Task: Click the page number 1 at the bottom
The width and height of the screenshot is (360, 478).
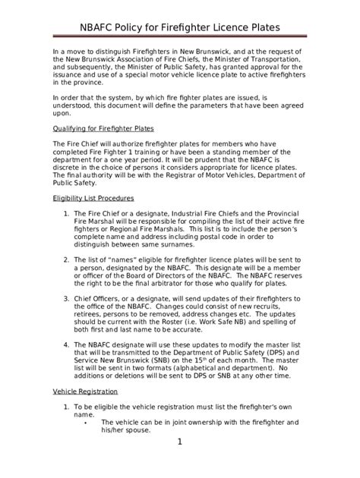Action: click(179, 441)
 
